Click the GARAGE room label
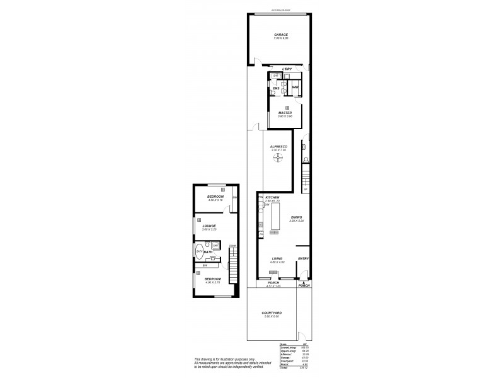pos(280,35)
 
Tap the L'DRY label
pos(287,69)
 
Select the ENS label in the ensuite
pos(276,87)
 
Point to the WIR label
pos(295,87)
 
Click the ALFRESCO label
pos(278,146)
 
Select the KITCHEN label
pos(272,197)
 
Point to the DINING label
pos(296,217)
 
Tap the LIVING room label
pos(277,258)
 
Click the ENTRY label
pos(303,258)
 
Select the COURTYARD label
pos(272,312)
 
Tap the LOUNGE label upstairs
pos(209,225)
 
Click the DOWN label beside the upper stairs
pos(232,246)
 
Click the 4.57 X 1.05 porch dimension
pos(273,287)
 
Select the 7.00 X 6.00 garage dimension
pos(280,39)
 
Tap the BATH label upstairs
pos(208,252)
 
